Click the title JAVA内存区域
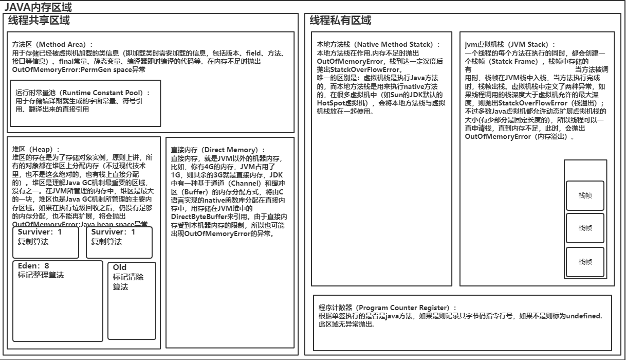tap(38, 7)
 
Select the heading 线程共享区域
tap(39, 21)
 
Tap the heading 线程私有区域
tap(340, 21)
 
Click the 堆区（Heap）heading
tap(36, 149)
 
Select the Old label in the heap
tap(120, 267)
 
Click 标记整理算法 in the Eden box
tap(41, 275)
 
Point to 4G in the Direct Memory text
tap(209, 166)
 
